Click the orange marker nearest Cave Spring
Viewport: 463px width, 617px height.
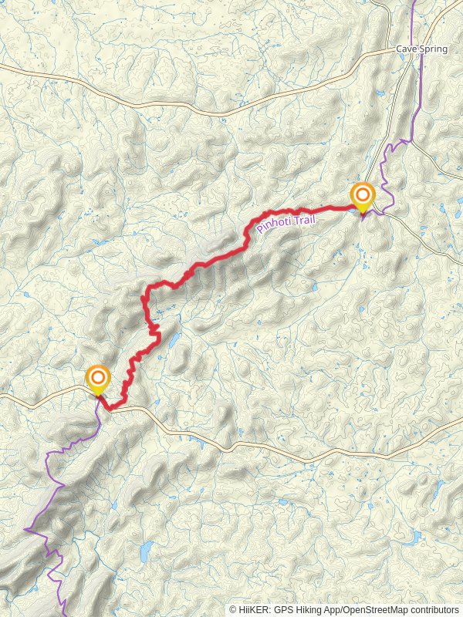[x=362, y=196]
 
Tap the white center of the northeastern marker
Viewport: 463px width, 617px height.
[x=362, y=194]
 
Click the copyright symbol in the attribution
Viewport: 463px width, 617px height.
[x=233, y=609]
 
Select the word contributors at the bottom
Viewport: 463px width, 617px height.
[x=436, y=609]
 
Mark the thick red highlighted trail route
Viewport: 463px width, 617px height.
[x=201, y=266]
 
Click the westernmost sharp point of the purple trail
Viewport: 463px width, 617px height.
[x=25, y=530]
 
